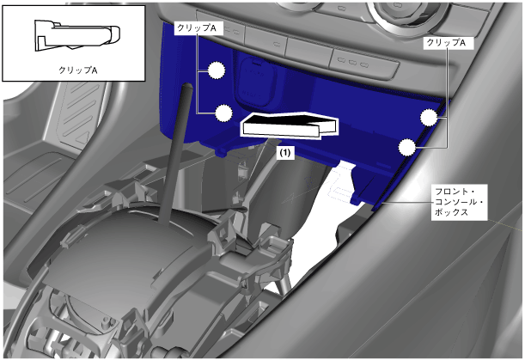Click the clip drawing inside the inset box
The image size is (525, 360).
[77, 35]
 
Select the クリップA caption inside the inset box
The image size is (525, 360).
[77, 70]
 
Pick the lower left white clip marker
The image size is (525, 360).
[223, 113]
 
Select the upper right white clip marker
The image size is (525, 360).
[429, 118]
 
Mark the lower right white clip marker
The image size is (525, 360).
[406, 147]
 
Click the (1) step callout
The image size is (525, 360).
[285, 153]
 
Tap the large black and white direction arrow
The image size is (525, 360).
[290, 125]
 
